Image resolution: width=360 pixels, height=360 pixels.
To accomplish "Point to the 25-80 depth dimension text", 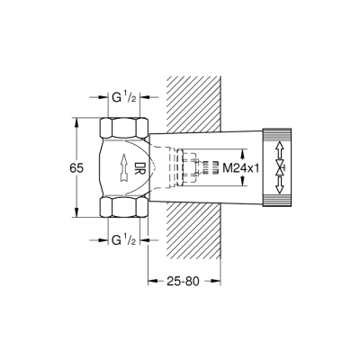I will [184, 281].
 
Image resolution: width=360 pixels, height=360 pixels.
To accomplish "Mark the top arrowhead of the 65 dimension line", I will [74, 117].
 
